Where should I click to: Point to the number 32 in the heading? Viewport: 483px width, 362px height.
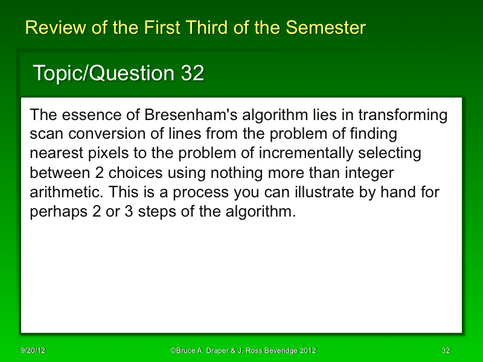192,74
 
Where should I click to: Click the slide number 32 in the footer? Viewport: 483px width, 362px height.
446,351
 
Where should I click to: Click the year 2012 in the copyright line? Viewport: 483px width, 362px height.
305,351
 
